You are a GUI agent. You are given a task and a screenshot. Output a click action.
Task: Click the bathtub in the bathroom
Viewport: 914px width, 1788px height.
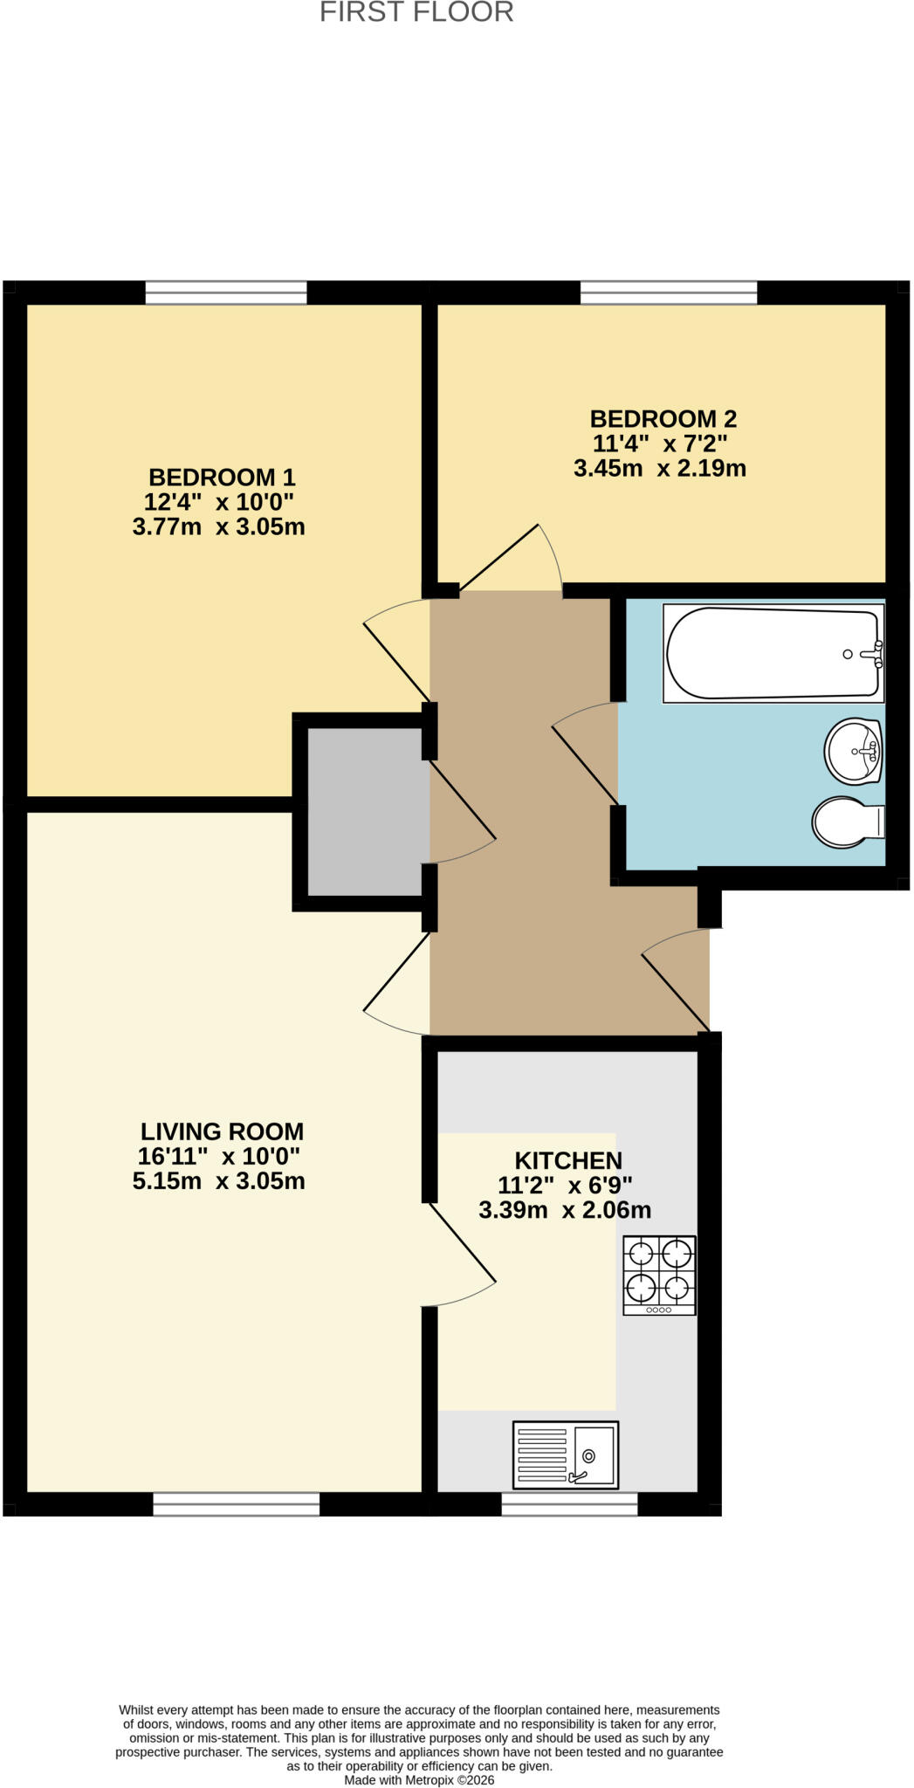point(773,653)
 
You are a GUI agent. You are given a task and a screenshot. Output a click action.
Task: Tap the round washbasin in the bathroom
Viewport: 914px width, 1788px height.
point(854,751)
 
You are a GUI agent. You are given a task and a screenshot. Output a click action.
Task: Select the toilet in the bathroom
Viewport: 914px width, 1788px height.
point(849,822)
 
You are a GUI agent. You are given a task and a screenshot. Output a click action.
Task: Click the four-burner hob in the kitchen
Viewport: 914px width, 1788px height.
point(659,1275)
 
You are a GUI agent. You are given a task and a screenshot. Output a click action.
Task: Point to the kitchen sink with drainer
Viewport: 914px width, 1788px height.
point(566,1454)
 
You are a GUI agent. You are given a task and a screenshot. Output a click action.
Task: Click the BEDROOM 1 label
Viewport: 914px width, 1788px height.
point(222,478)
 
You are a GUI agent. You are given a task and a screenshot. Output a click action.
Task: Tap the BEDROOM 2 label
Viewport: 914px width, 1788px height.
point(663,419)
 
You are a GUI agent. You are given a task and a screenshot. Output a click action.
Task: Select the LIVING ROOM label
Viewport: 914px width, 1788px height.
point(223,1131)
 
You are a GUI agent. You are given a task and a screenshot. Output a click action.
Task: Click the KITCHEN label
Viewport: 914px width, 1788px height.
point(568,1161)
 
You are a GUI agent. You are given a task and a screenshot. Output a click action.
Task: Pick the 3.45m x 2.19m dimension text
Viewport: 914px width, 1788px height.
point(660,469)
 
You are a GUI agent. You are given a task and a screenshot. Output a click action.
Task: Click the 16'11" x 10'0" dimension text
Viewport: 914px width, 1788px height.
point(219,1156)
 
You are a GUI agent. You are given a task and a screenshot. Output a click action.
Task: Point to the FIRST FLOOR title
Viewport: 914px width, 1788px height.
point(416,12)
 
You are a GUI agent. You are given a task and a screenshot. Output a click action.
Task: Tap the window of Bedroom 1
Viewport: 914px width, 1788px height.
point(226,292)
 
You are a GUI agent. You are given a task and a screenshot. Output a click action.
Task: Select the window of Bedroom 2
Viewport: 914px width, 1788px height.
point(669,292)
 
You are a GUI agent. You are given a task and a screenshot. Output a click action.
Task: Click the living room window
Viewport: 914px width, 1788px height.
point(236,1503)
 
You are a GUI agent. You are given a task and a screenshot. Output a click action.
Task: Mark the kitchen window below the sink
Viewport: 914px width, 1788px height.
point(569,1503)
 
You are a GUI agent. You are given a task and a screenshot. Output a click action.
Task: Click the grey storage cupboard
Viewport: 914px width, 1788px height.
point(368,812)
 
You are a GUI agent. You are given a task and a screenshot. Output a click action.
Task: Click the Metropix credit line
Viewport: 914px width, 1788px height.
point(419,1780)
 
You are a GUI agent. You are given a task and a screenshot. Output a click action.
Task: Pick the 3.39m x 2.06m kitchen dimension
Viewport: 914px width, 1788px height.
point(565,1211)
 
